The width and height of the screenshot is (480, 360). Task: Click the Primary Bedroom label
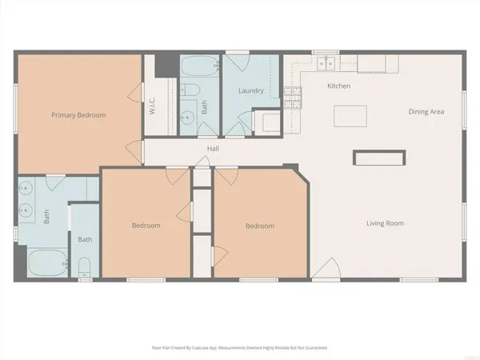point(78,115)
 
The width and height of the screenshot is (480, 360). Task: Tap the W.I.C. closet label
point(152,105)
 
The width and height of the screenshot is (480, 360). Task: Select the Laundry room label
point(251,91)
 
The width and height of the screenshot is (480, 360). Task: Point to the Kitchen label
point(339,86)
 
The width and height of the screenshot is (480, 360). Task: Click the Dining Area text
point(426,112)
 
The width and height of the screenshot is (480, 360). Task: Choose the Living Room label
point(385,222)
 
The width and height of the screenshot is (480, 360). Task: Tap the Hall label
point(214,149)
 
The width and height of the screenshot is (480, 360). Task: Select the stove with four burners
point(293,98)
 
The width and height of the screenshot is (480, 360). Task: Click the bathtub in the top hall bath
point(197,66)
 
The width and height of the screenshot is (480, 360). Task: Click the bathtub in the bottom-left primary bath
point(46,262)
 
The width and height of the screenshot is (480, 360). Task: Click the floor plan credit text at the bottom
point(239,348)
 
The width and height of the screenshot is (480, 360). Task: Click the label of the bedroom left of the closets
point(146,226)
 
